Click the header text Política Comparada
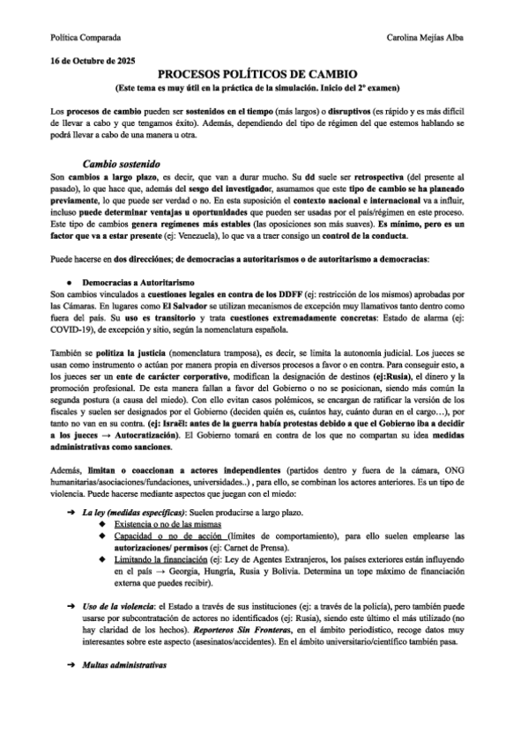(84, 39)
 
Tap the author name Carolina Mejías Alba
(431, 39)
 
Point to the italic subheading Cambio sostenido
(121, 164)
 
